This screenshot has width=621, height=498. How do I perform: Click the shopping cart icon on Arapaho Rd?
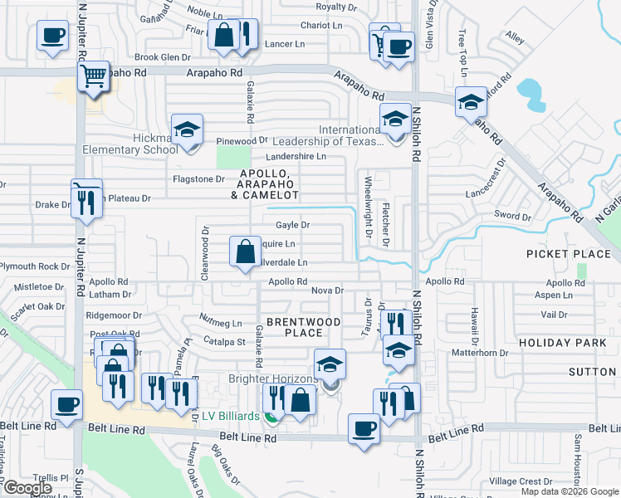click(x=94, y=76)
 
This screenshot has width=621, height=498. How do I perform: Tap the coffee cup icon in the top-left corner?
click(x=52, y=36)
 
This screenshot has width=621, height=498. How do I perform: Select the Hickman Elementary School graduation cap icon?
click(x=188, y=129)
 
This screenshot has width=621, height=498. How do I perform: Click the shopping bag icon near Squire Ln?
click(x=246, y=251)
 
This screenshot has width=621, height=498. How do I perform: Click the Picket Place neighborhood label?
click(x=569, y=253)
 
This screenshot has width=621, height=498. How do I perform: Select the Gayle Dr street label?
click(x=292, y=225)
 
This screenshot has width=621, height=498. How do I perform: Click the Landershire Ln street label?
click(x=296, y=157)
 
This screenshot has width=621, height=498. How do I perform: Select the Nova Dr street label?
click(x=327, y=290)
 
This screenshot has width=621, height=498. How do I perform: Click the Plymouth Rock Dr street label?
click(x=35, y=266)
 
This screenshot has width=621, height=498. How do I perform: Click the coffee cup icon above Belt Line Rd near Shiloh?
click(x=363, y=428)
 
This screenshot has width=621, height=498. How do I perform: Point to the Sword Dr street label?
click(x=511, y=217)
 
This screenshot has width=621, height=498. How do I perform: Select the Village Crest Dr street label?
click(x=521, y=481)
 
